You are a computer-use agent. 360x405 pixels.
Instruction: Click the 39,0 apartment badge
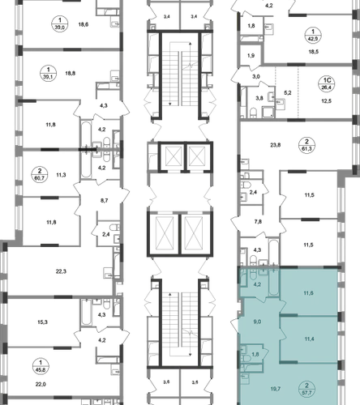[x=60, y=23]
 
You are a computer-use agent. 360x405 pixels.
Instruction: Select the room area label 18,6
[x=84, y=24]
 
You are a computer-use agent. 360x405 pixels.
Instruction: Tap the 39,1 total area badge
[x=49, y=74]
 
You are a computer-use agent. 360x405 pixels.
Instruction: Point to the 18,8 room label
[x=71, y=73]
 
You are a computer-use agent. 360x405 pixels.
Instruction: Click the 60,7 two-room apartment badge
[x=40, y=175]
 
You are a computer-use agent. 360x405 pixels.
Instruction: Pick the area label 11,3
[x=61, y=175]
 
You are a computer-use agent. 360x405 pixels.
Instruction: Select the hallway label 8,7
[x=104, y=201]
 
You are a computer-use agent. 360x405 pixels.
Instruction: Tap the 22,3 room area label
[x=61, y=271]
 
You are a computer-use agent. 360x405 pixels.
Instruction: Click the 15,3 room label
[x=42, y=322]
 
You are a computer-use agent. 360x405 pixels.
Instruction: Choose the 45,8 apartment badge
[x=41, y=366]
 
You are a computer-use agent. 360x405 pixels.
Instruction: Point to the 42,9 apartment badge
[x=313, y=36]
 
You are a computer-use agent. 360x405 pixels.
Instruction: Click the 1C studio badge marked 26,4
[x=327, y=83]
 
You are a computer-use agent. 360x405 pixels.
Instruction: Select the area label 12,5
[x=326, y=101]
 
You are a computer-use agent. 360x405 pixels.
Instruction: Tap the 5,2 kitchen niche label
[x=288, y=93]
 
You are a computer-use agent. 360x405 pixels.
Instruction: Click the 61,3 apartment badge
[x=306, y=145]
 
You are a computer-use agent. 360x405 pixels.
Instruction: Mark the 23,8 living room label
[x=276, y=145]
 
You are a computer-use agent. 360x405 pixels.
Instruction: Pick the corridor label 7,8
[x=258, y=222]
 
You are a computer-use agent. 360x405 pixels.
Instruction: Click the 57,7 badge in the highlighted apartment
[x=306, y=390]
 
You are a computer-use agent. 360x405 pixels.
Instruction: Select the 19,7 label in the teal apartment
[x=275, y=389]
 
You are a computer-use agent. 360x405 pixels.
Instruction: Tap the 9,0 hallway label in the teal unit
[x=257, y=322]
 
